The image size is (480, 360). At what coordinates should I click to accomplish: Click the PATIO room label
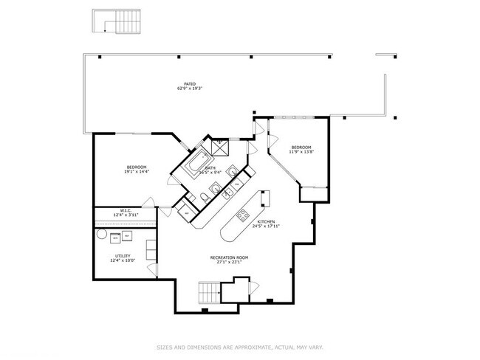pyautogui.click(x=191, y=84)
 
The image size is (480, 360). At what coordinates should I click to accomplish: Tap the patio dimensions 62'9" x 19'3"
pyautogui.click(x=190, y=89)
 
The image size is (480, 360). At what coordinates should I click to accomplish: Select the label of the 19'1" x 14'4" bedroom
pyautogui.click(x=137, y=167)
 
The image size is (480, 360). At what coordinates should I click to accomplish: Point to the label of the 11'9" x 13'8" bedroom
pyautogui.click(x=301, y=147)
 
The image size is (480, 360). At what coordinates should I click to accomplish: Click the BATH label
pyautogui.click(x=210, y=168)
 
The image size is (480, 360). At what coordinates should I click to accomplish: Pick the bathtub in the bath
pyautogui.click(x=196, y=162)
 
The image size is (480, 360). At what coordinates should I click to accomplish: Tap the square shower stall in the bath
pyautogui.click(x=221, y=148)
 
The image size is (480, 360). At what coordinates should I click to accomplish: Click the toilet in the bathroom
pyautogui.click(x=204, y=196)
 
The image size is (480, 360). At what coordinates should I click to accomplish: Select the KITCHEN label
pyautogui.click(x=267, y=222)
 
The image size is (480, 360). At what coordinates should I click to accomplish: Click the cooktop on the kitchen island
pyautogui.click(x=241, y=215)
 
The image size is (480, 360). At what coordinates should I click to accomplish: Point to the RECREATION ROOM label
pyautogui.click(x=227, y=257)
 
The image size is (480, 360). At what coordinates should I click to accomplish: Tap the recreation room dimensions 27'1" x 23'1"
pyautogui.click(x=227, y=262)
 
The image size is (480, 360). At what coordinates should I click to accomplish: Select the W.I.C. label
pyautogui.click(x=126, y=210)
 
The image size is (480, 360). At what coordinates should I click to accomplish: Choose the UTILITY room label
pyautogui.click(x=123, y=256)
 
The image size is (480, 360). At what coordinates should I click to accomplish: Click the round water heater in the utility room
pyautogui.click(x=114, y=238)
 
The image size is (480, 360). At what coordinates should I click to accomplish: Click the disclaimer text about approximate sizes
pyautogui.click(x=239, y=347)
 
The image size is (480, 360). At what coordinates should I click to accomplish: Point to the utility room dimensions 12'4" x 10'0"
pyautogui.click(x=123, y=260)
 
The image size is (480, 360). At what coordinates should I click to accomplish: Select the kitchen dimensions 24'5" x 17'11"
pyautogui.click(x=267, y=226)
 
